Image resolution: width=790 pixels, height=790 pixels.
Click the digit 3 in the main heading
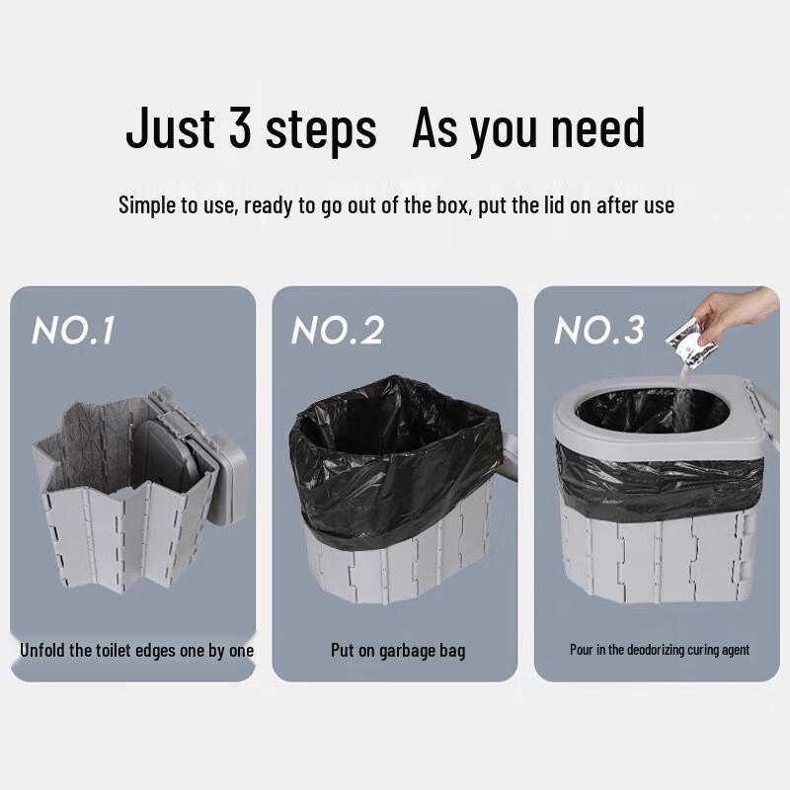tap(240, 127)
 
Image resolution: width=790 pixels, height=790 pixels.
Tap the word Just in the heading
tap(170, 127)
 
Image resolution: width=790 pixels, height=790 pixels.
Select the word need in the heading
tap(598, 127)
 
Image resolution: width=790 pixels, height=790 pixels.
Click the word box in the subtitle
tap(451, 205)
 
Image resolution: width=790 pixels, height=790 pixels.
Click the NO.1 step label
tap(73, 331)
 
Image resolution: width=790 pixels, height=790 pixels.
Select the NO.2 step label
tap(338, 331)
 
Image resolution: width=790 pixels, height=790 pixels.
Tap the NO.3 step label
tap(599, 331)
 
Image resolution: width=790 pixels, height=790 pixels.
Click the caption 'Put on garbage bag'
tap(398, 651)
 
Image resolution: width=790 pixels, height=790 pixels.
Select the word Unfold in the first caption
tap(41, 650)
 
